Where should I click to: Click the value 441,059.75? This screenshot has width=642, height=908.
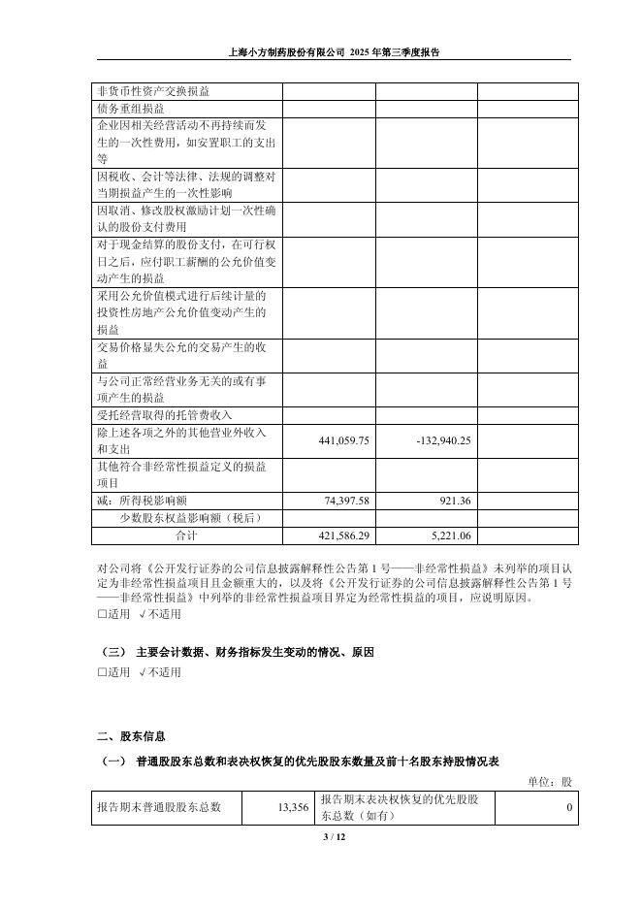tap(331, 440)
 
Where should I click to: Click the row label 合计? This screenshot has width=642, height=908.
tap(184, 535)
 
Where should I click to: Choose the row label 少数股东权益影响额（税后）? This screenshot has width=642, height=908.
tap(190, 517)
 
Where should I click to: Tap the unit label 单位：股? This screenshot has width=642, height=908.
tap(550, 781)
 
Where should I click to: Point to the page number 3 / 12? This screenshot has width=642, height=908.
tap(320, 836)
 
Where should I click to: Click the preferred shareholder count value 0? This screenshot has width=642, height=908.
tap(569, 806)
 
